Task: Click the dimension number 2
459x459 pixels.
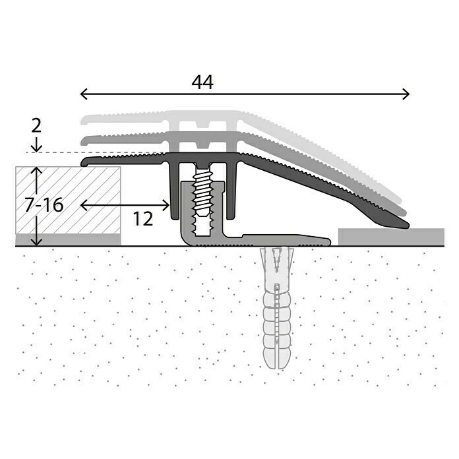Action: [36, 125]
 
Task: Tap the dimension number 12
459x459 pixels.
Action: [142, 218]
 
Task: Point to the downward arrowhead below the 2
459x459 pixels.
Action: [37, 148]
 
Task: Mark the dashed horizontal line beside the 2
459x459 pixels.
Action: [59, 152]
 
